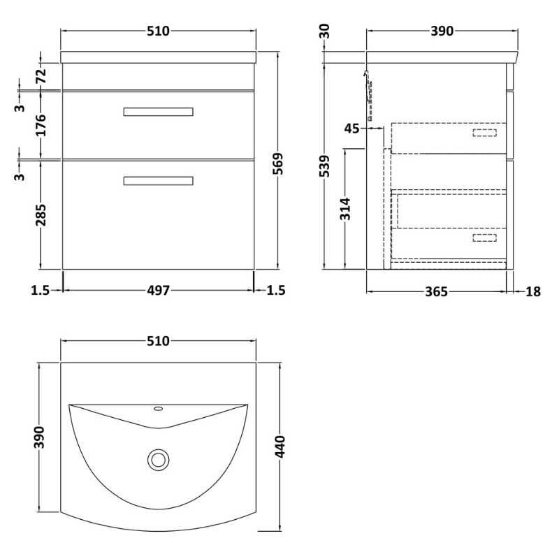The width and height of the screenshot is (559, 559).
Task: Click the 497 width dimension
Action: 158,291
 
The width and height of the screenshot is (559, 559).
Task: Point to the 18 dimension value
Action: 532,291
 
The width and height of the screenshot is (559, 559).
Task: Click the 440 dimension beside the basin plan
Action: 280,446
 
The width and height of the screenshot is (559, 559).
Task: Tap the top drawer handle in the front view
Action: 158,112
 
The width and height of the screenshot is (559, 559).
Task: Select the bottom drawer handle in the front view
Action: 158,181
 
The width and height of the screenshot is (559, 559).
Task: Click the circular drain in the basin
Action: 158,459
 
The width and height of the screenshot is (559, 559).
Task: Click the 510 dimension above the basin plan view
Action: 158,341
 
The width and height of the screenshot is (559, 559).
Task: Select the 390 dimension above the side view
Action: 442,31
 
